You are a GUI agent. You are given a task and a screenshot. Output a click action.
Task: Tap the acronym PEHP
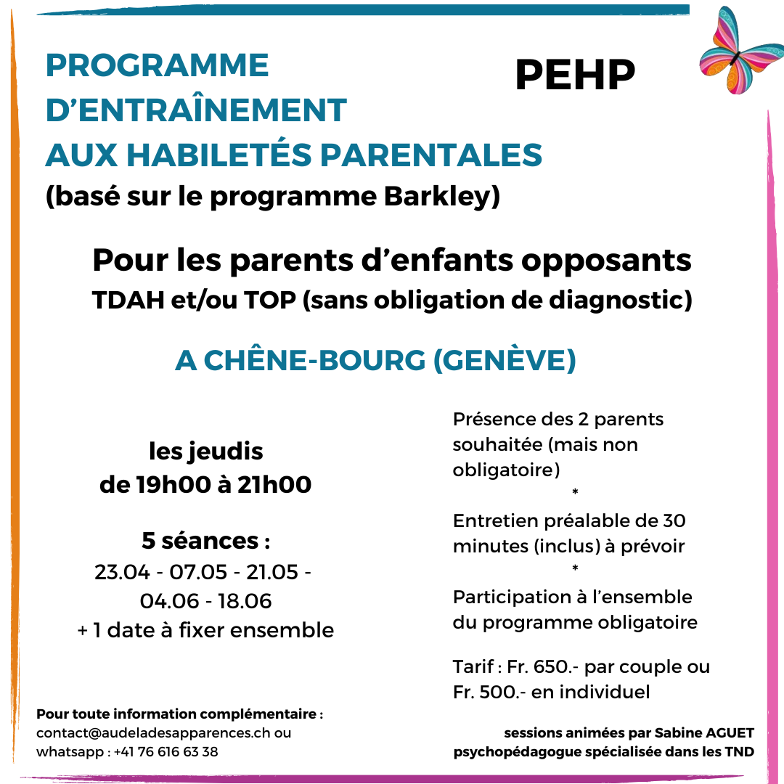[575, 74]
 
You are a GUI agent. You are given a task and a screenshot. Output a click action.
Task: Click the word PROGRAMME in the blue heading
[157, 65]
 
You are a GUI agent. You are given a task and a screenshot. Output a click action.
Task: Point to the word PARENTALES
[432, 155]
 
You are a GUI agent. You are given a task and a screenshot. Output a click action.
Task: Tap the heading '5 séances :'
[205, 540]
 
